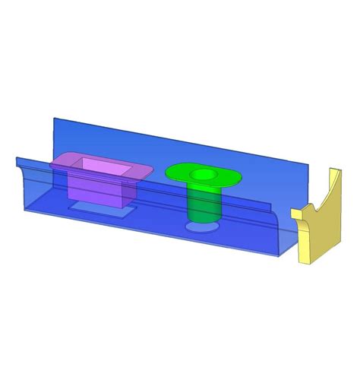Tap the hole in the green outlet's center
[x=202, y=175]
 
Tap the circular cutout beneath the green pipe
[x=200, y=227]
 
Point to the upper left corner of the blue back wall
[x=53, y=118]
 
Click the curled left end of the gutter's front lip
[x=17, y=159]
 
